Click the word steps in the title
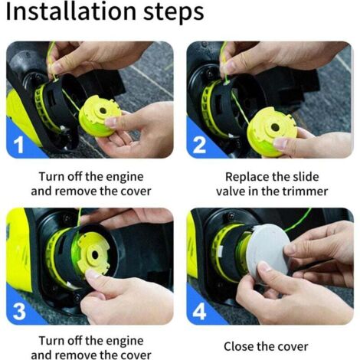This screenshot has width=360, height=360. coord(173,13)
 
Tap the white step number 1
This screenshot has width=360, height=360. coord(18,144)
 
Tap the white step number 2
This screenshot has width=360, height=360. coord(199,145)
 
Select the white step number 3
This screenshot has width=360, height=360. coord(19,311)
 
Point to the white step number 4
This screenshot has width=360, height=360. coord(199,311)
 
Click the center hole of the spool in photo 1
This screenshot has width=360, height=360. coord(103,111)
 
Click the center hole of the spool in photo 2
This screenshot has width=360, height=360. coord(275,127)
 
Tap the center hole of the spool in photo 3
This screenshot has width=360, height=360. coord(95,254)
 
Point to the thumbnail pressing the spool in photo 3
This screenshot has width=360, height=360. coord(93,274)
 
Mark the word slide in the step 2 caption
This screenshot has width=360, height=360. coord(306,177)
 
